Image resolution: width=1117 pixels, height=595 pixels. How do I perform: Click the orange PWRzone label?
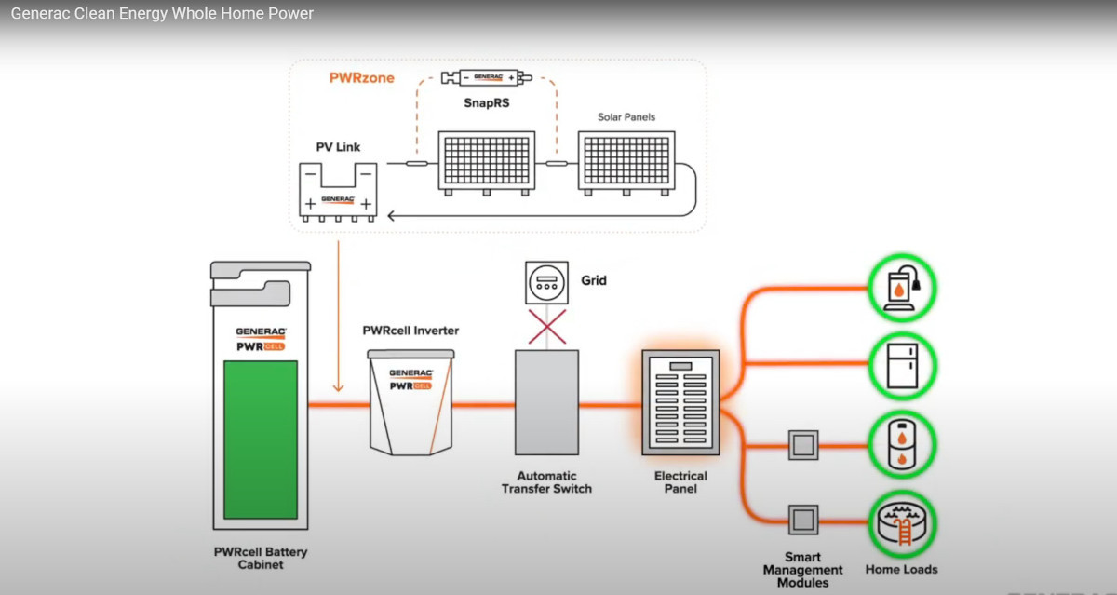[361, 78]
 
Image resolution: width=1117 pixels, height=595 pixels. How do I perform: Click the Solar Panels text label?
[626, 117]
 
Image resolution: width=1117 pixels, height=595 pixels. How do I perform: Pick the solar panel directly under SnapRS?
[487, 163]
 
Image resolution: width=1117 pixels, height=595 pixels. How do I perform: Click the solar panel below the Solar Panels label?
[626, 163]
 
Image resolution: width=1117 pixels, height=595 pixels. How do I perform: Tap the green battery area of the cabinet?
[260, 439]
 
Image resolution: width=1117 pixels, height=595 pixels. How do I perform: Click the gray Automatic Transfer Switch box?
[546, 402]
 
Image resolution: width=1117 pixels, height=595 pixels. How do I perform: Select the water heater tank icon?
[902, 443]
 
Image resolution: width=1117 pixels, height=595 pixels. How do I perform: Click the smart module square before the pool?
[802, 518]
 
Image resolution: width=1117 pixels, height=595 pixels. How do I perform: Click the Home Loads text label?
[901, 569]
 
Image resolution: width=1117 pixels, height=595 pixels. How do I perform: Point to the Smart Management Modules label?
[802, 570]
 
